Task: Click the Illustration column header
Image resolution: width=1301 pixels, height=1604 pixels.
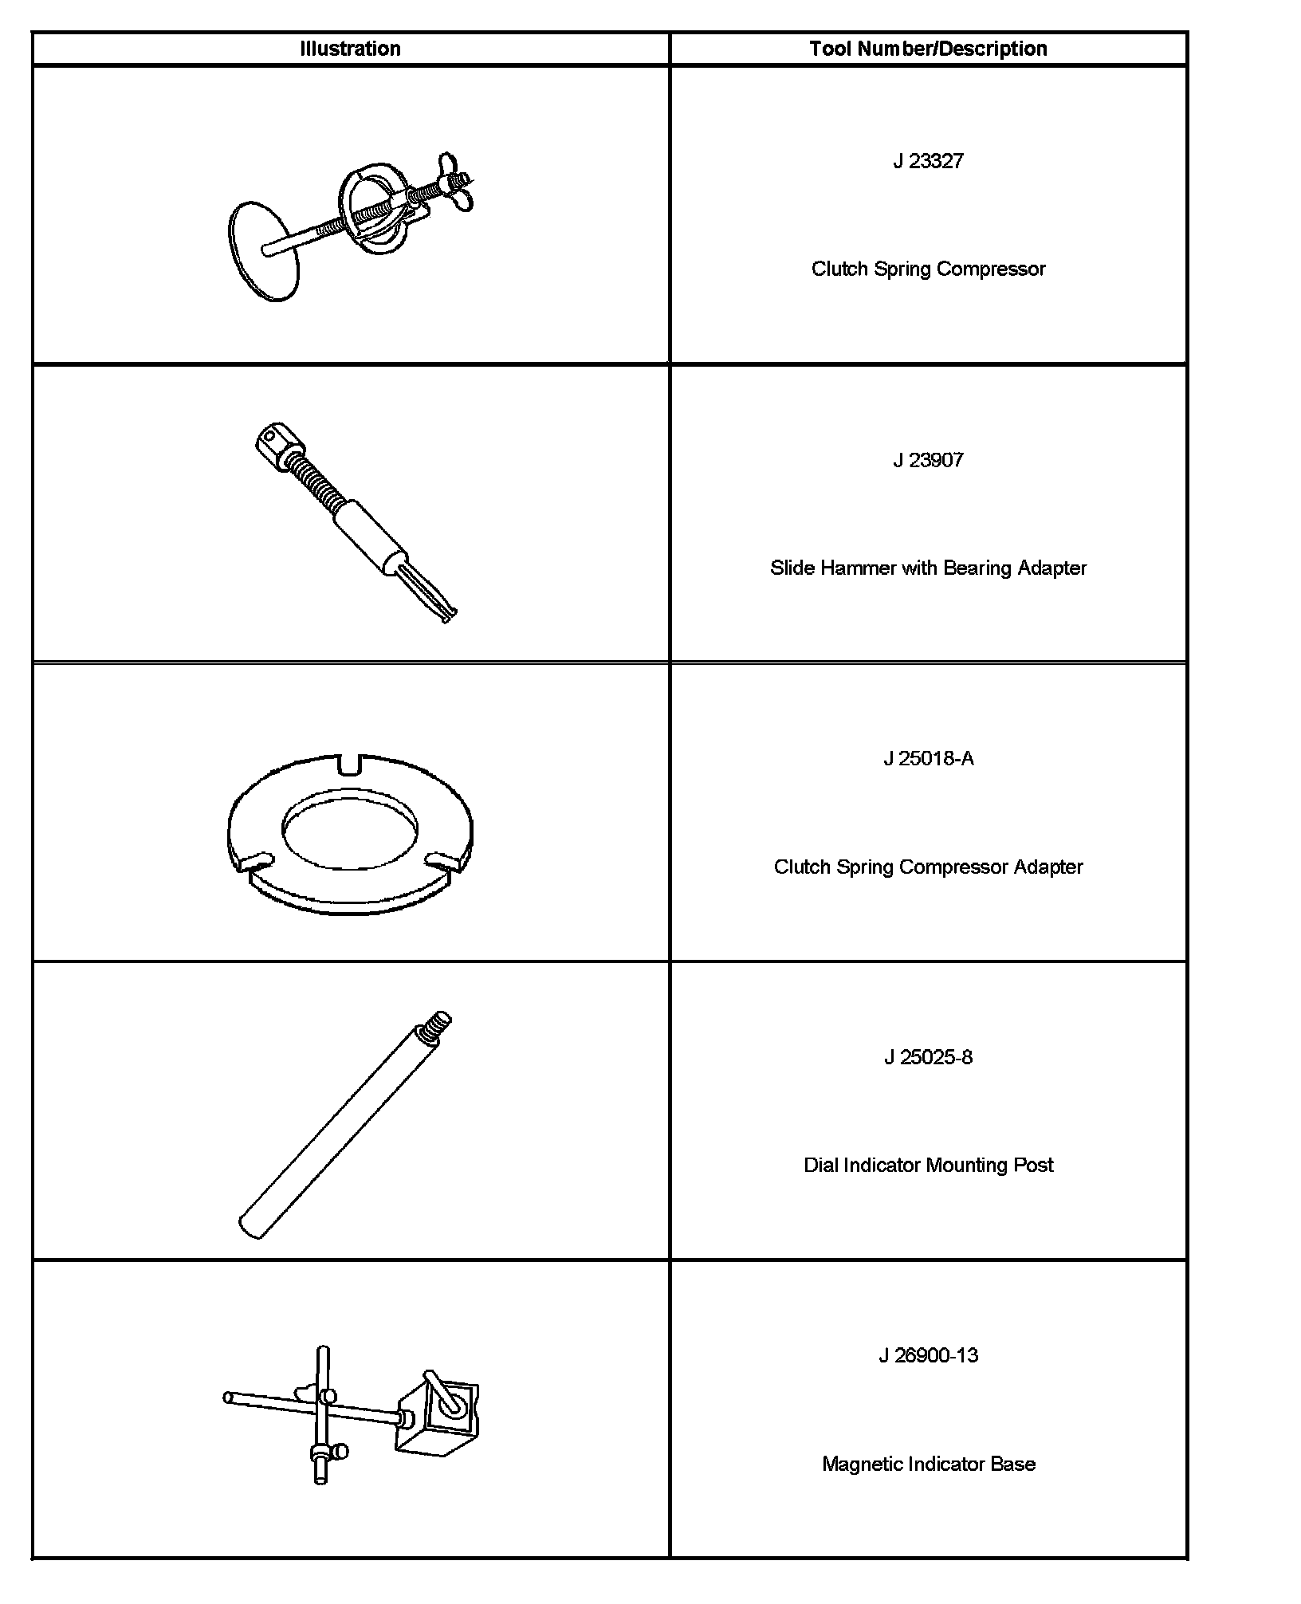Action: (x=350, y=49)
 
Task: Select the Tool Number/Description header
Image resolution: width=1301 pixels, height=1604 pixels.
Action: (x=928, y=49)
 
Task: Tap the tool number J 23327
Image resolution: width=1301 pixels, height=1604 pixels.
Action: (x=928, y=161)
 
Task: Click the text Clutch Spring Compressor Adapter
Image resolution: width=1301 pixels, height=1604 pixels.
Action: (x=928, y=867)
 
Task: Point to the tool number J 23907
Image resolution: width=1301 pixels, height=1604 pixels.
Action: (x=928, y=460)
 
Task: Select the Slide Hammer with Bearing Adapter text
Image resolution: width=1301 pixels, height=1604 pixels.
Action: (x=928, y=568)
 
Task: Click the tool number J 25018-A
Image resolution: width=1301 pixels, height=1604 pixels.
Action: (x=928, y=758)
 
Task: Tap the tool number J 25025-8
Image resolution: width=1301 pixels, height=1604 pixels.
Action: (x=928, y=1057)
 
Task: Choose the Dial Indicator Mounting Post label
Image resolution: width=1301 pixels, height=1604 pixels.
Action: (x=928, y=1165)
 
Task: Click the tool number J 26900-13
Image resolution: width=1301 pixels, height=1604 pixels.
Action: (x=928, y=1355)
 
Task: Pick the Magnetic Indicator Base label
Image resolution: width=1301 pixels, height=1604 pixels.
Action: (x=928, y=1464)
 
